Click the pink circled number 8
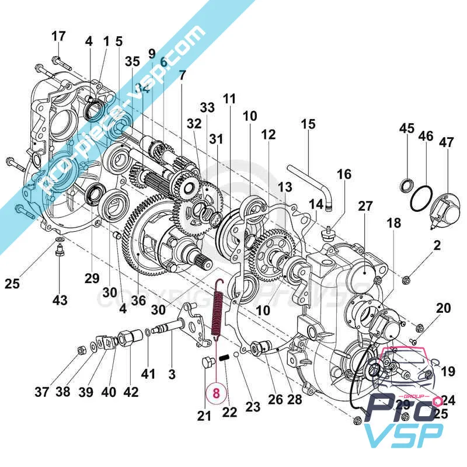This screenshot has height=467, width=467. click(x=215, y=392)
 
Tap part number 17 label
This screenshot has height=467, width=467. click(x=58, y=36)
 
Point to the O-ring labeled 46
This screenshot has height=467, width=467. click(x=421, y=199)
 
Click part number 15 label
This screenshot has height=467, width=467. click(x=308, y=124)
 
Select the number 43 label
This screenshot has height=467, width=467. click(x=60, y=299)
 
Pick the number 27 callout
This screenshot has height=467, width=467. click(x=365, y=206)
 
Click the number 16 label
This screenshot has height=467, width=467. click(x=344, y=174)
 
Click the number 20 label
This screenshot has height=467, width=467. click(x=444, y=308)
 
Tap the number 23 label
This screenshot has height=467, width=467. click(x=253, y=406)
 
